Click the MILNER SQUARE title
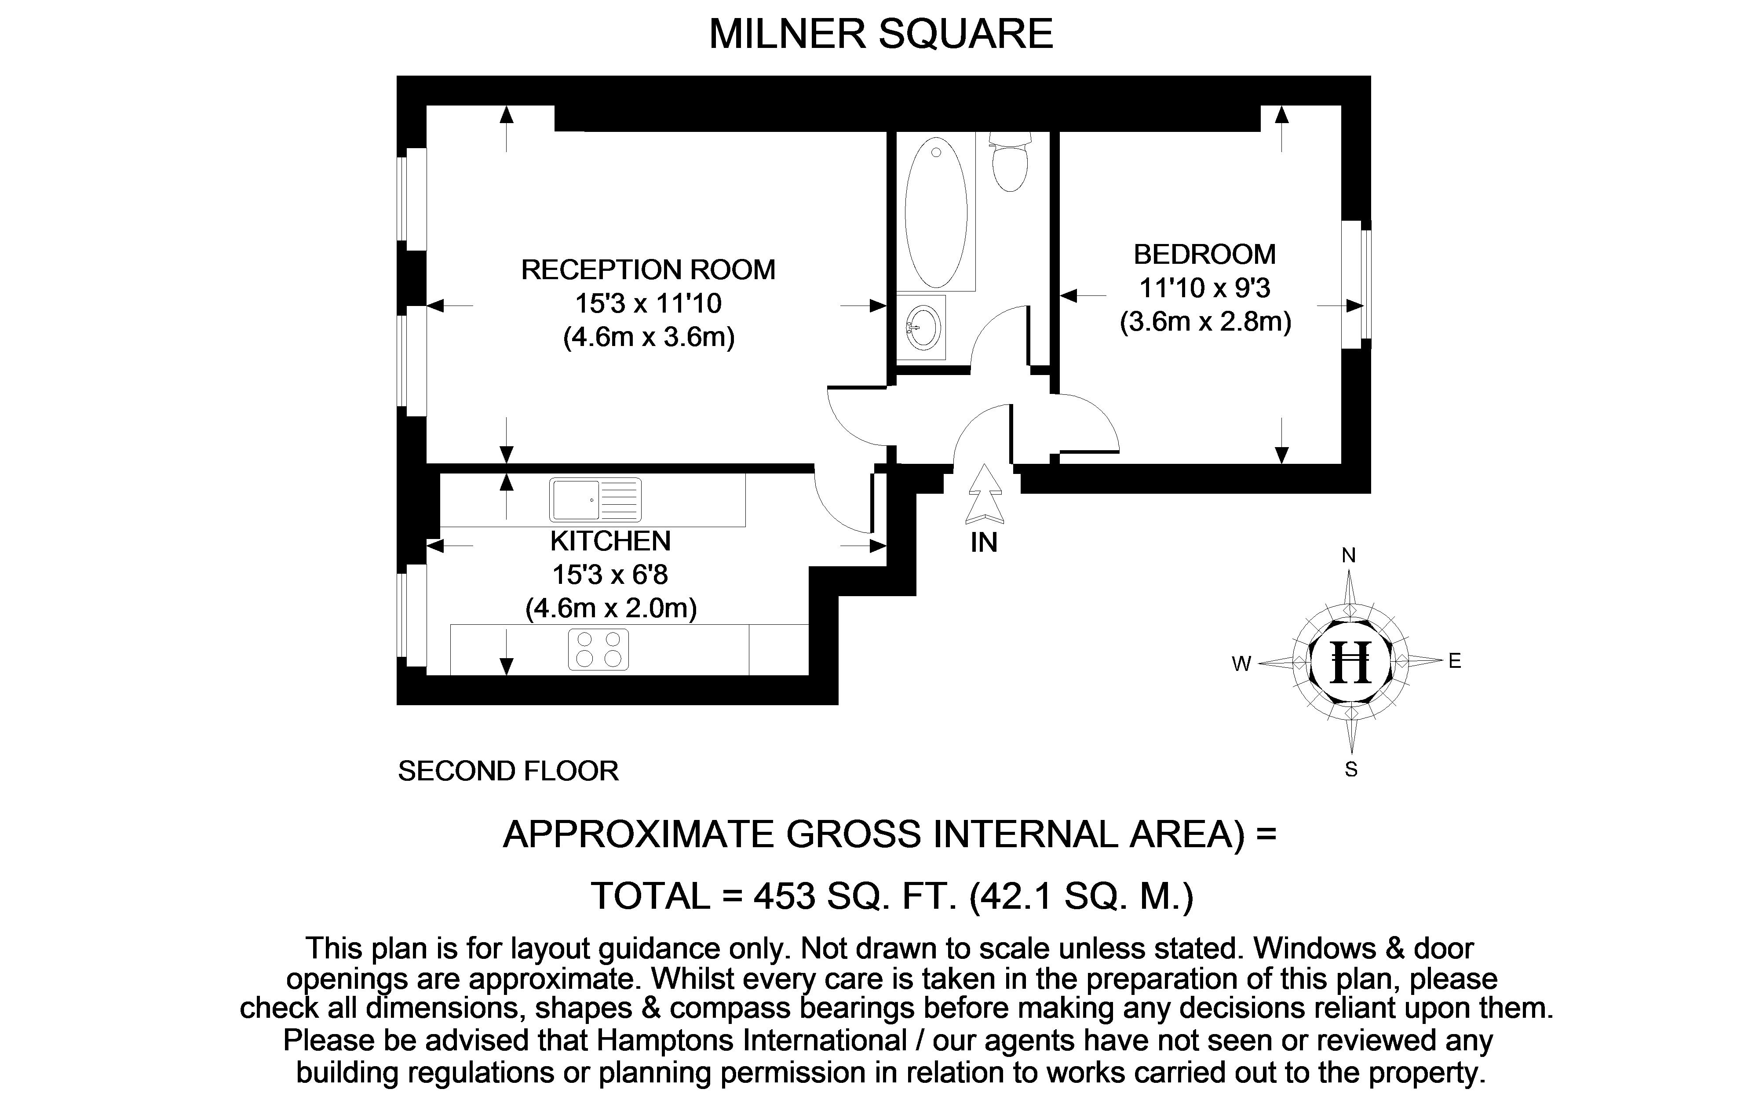(881, 34)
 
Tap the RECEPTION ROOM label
(648, 270)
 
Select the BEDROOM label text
(1204, 255)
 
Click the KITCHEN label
(610, 541)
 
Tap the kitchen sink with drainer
(595, 500)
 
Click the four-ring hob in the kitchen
(598, 649)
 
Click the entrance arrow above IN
(984, 495)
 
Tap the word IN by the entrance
(984, 543)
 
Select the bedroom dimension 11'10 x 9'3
(1204, 288)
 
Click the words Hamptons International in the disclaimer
(752, 1040)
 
